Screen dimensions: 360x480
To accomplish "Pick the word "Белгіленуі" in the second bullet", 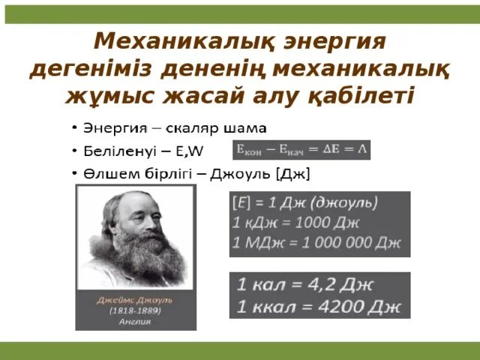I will tap(119, 149).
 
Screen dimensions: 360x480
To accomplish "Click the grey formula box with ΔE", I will tap(301, 149).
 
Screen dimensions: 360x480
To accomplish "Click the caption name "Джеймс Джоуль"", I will tap(135, 298).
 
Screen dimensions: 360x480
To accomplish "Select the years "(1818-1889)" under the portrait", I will tap(135, 310).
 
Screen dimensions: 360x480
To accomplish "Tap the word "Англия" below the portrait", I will tap(135, 321).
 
